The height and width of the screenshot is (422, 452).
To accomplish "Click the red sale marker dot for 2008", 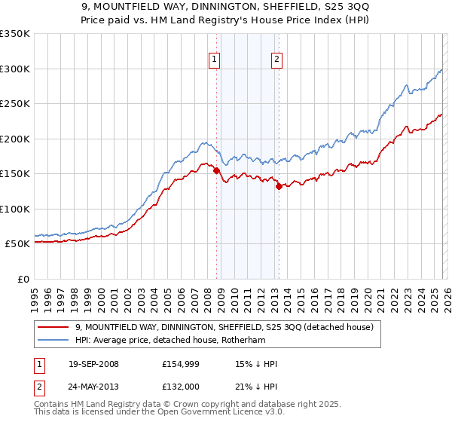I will [216, 170].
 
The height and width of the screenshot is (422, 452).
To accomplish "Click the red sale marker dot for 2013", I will [278, 186].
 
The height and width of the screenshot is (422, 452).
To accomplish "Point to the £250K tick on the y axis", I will [15, 104].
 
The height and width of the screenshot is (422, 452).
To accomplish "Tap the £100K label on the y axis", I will [15, 209].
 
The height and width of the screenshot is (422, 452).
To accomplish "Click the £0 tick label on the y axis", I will [23, 279].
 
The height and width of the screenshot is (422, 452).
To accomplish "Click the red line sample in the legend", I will [54, 328].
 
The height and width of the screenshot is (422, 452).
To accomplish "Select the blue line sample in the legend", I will [54, 341].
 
